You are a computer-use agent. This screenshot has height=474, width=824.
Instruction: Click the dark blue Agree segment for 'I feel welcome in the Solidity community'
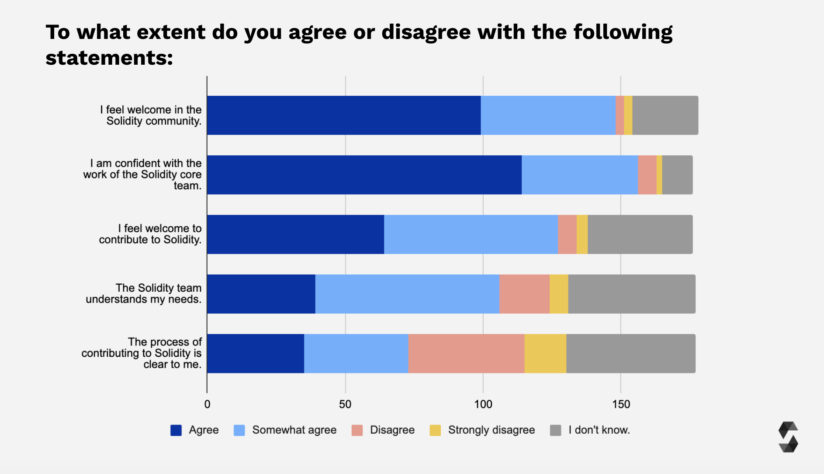tap(344, 115)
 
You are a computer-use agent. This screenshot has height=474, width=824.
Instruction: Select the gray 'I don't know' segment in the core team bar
tap(677, 175)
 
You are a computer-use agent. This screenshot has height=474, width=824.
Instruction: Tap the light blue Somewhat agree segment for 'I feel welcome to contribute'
tap(471, 234)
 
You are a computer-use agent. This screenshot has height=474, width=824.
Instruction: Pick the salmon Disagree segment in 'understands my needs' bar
tap(524, 294)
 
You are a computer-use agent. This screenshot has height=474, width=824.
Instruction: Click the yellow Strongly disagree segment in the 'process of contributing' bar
tap(545, 353)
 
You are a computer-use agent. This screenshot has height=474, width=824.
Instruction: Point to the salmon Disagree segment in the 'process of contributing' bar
tap(466, 353)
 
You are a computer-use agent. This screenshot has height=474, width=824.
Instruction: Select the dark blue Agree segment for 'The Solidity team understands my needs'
tap(261, 294)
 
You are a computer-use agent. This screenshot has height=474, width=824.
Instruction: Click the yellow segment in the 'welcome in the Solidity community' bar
tap(628, 115)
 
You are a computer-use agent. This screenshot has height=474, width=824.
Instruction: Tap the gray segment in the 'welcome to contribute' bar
tap(640, 234)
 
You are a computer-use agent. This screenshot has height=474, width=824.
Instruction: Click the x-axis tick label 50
tap(345, 404)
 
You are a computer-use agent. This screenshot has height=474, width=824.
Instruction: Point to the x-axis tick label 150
tap(621, 404)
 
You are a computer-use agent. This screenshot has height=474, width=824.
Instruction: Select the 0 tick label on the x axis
tap(207, 404)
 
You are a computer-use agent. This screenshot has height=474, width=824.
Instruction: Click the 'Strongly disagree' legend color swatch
tap(435, 430)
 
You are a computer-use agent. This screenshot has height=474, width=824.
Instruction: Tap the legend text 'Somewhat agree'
tap(294, 430)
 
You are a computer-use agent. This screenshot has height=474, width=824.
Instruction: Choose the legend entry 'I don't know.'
tap(599, 430)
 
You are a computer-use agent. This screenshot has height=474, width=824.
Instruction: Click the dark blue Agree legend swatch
tap(176, 430)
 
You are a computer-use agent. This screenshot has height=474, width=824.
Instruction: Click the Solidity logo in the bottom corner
tap(788, 437)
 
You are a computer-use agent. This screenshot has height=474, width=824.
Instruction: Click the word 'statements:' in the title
tap(109, 58)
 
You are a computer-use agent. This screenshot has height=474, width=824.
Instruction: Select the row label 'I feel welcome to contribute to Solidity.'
tap(150, 234)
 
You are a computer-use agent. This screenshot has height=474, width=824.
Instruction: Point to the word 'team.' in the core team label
tap(187, 186)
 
